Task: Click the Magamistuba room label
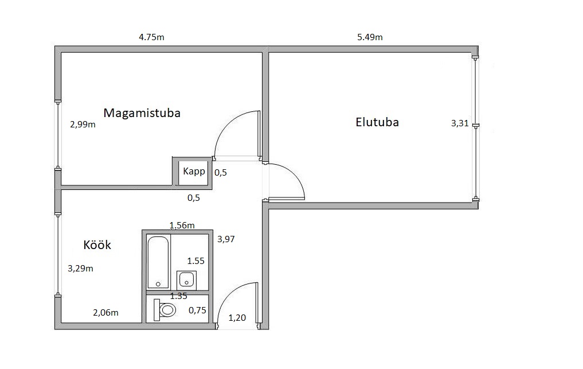pos(142,113)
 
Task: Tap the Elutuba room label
pos(377,122)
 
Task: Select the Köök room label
pos(97,244)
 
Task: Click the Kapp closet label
pos(194,171)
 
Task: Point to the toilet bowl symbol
pos(165,310)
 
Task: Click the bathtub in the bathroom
pos(158,262)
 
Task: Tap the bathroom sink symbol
pos(186,280)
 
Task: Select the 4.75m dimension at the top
pos(151,37)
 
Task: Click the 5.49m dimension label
pos(370,37)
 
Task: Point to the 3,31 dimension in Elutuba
pos(460,123)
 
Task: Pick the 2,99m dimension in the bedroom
pos(83,125)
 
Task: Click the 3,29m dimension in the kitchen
pos(80,269)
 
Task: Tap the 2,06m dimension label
pos(105,313)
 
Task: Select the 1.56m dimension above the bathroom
pos(182,226)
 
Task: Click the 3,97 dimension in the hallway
pos(226,239)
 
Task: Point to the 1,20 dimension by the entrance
pos(237,318)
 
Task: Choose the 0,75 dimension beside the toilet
pos(197,310)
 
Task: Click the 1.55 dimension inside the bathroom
pos(195,261)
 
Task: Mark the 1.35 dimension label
pos(178,296)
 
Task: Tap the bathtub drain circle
pos(158,284)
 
